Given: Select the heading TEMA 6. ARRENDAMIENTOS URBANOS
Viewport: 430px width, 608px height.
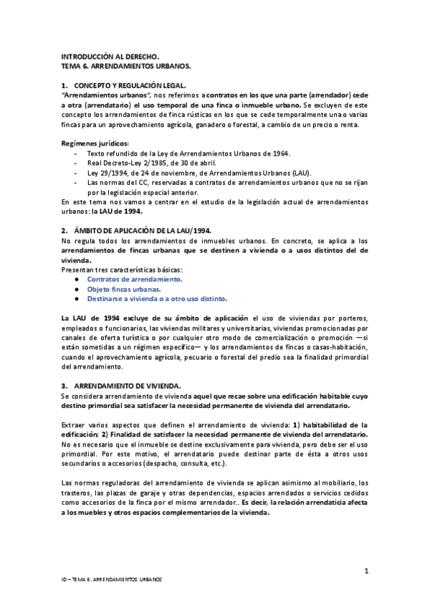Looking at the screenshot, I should coord(126,65).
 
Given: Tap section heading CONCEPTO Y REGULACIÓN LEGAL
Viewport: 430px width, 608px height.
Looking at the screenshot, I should coord(135,85).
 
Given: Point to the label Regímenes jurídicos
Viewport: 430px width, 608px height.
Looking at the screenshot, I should coord(90,143).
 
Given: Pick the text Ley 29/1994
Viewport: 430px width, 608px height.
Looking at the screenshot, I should coord(107,173).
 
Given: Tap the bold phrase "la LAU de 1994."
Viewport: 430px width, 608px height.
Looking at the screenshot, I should coord(121,212).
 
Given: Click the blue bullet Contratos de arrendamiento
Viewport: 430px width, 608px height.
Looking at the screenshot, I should coord(135,279).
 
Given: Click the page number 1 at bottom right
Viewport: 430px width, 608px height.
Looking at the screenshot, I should coord(366,571).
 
